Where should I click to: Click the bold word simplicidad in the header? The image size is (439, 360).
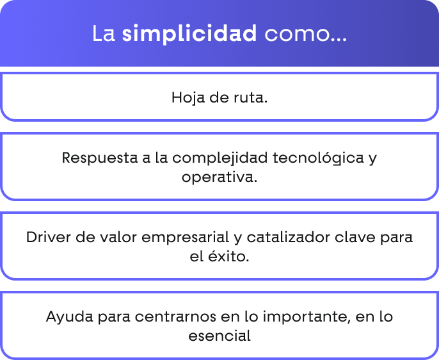point(189,33)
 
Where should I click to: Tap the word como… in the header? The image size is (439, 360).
point(306,34)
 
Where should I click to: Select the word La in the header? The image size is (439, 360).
point(104,33)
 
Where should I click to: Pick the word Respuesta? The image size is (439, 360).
point(100,158)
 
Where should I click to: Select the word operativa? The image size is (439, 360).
point(219,177)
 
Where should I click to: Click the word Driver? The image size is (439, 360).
point(49,237)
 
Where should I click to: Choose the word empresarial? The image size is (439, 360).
point(186,238)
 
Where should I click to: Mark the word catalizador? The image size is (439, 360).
point(289,237)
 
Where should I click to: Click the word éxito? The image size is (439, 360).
point(228,256)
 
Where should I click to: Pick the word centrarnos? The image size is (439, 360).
point(175,317)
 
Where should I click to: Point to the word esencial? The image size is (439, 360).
point(219,336)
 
